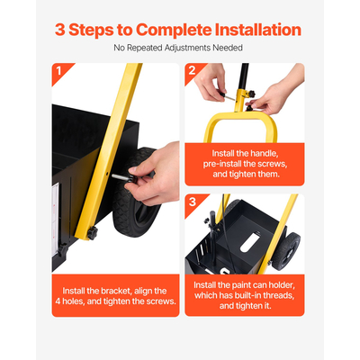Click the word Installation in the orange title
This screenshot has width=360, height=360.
[x=258, y=30]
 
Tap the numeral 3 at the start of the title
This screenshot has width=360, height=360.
[x=60, y=30]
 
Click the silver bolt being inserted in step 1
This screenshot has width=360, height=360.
[x=121, y=177]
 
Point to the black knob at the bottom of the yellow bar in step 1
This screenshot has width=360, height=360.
[x=93, y=232]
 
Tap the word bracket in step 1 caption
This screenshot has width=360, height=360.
[x=115, y=291]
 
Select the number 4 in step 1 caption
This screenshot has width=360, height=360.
[x=58, y=301]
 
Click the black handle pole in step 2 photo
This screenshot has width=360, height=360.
[x=245, y=76]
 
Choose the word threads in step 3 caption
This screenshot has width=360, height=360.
[x=277, y=295]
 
